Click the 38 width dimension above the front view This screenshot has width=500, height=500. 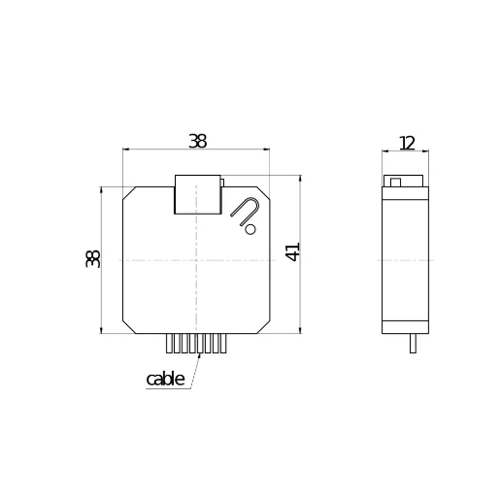coord(197,141)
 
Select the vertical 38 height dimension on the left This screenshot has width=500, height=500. coord(93,258)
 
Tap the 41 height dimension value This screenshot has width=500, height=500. coord(292,251)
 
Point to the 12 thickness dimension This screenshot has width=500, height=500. coord(406,143)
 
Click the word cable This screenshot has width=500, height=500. coord(165,379)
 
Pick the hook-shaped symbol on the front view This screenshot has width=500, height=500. coord(245,210)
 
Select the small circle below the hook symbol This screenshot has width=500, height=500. coord(250,230)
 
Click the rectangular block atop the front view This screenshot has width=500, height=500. coord(196,194)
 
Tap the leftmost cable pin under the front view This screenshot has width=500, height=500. coord(170,344)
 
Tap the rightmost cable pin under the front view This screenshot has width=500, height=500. coord(223,344)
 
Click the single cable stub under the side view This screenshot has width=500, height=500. coord(413,343)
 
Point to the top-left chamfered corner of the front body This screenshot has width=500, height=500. coord(128,192)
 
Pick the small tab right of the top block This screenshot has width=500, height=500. coord(222,181)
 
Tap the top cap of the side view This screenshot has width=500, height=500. coord(405,182)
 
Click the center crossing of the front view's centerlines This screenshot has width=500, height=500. coord(197,260)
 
